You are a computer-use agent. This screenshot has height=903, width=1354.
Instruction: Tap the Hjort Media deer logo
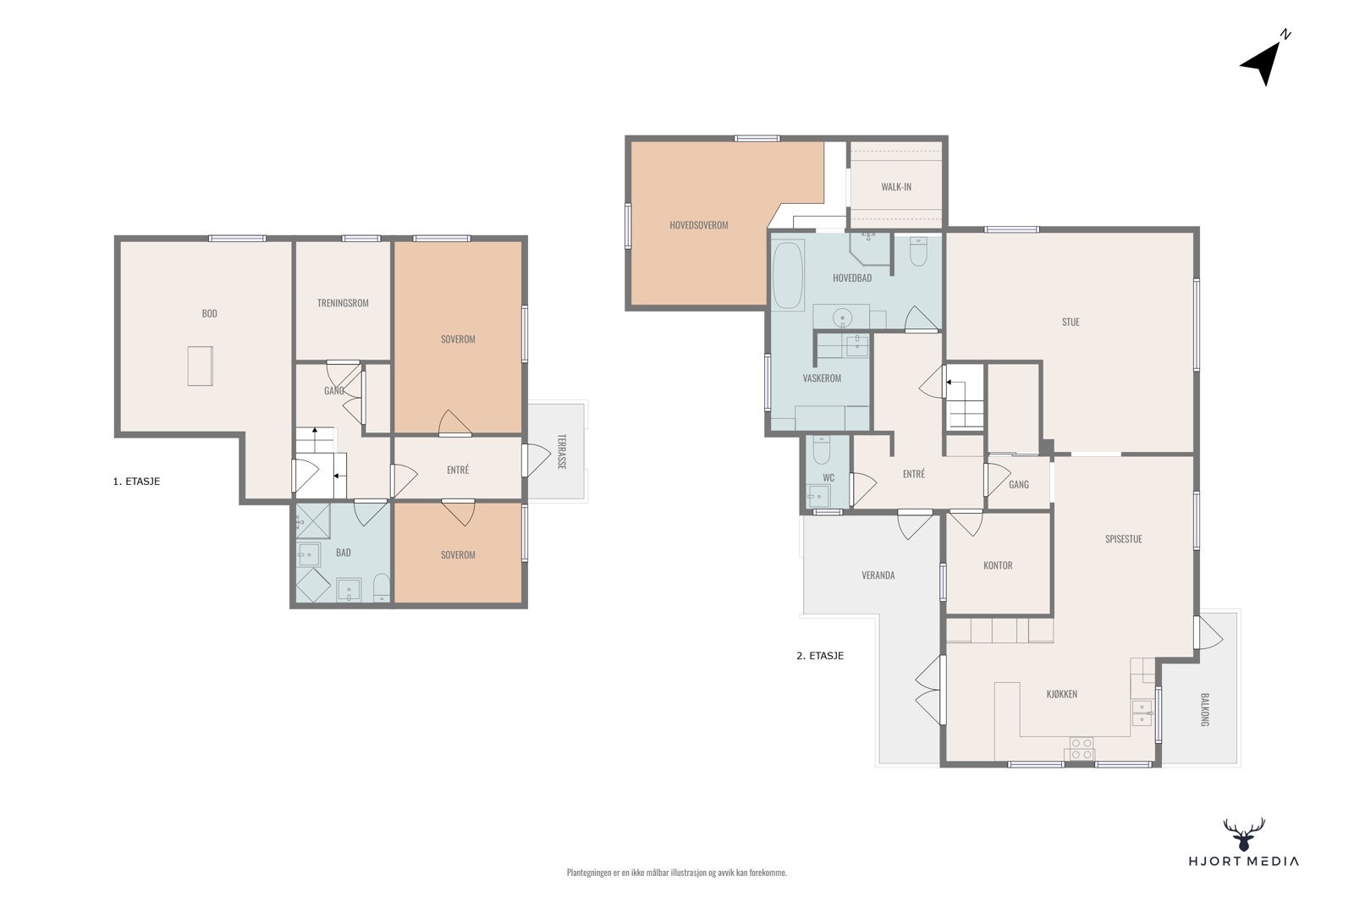pyautogui.click(x=1244, y=834)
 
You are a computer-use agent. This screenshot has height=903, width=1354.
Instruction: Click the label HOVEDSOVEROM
pyautogui.click(x=699, y=225)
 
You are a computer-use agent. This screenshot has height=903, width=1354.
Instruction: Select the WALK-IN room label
pyautogui.click(x=896, y=187)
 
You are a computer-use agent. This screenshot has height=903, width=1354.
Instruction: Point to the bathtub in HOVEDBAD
pyautogui.click(x=788, y=275)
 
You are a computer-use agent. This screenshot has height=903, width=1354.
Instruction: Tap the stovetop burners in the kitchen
pyautogui.click(x=1081, y=748)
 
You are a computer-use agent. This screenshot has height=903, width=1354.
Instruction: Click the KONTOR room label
pyautogui.click(x=998, y=565)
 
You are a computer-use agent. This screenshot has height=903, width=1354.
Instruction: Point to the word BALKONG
pyautogui.click(x=1204, y=709)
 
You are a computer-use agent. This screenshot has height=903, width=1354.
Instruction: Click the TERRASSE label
pyautogui.click(x=562, y=452)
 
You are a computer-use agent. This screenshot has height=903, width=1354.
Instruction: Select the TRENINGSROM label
pyautogui.click(x=343, y=303)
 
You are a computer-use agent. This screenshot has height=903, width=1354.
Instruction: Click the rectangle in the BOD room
pyautogui.click(x=200, y=366)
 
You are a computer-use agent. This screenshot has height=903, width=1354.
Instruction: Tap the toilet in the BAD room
pyautogui.click(x=382, y=587)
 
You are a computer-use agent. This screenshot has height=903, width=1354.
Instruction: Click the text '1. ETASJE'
pyautogui.click(x=136, y=482)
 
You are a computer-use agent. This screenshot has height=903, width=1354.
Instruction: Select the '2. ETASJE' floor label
pyautogui.click(x=820, y=656)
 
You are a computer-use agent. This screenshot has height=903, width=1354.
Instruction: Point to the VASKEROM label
pyautogui.click(x=822, y=378)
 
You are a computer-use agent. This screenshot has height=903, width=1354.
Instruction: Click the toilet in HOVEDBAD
pyautogui.click(x=918, y=251)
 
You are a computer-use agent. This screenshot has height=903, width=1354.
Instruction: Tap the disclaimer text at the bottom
pyautogui.click(x=677, y=873)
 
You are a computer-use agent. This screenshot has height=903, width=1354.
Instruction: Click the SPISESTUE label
pyautogui.click(x=1124, y=539)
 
